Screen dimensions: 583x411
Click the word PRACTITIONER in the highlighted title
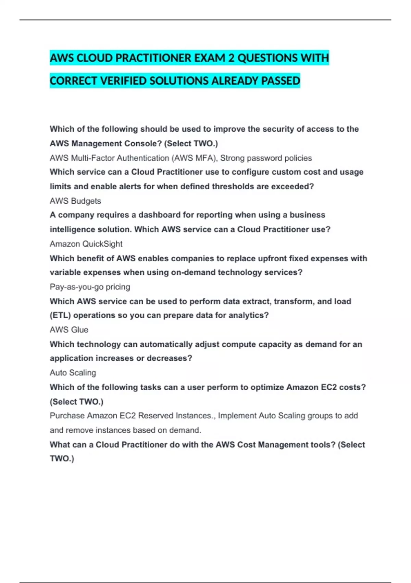(x=153, y=58)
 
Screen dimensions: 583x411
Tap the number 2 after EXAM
(x=231, y=58)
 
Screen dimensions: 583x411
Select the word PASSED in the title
(x=281, y=81)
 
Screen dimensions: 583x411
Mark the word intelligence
(x=72, y=229)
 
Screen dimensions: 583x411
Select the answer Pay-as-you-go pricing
(x=90, y=287)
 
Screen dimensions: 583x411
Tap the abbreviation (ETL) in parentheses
(x=60, y=315)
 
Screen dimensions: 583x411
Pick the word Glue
(x=79, y=330)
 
